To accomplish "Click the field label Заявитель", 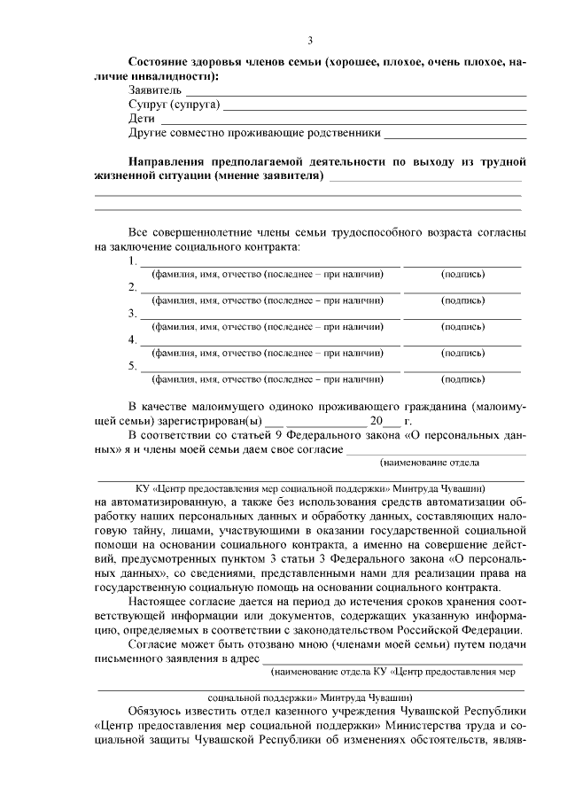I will [155, 90].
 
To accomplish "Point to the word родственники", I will [342, 133].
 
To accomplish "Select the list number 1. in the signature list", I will [133, 261].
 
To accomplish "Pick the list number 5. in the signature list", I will [133, 366].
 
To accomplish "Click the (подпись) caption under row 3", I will [462, 327].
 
